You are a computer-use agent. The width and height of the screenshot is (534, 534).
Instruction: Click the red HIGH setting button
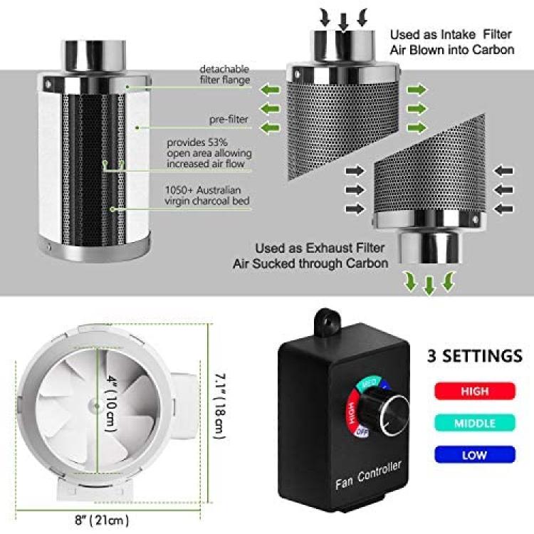[475, 391]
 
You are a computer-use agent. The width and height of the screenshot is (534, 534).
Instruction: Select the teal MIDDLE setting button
[475, 423]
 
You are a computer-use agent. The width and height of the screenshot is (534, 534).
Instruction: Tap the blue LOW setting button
[475, 455]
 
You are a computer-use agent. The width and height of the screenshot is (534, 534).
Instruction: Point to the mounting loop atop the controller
[328, 321]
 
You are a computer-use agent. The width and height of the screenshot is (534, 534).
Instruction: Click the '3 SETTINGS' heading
[475, 356]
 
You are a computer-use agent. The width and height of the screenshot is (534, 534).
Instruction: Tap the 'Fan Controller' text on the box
[369, 475]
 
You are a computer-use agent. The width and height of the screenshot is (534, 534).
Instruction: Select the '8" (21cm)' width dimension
[102, 520]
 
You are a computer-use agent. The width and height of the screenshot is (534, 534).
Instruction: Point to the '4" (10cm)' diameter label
[111, 403]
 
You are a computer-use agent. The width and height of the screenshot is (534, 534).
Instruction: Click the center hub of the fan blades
[95, 406]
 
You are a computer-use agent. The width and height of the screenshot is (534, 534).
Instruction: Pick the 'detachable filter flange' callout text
[225, 74]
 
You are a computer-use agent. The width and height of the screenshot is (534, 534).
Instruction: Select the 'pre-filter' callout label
[229, 120]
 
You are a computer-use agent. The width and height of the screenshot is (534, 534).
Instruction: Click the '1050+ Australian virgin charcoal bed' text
[207, 196]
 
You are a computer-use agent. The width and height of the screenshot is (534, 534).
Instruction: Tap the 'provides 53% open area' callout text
[209, 153]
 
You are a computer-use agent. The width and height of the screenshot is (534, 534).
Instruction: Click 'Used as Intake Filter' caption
[451, 34]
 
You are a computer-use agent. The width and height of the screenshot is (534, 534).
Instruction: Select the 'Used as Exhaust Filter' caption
[320, 248]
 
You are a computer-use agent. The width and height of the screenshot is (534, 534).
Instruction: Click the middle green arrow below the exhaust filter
[429, 286]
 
